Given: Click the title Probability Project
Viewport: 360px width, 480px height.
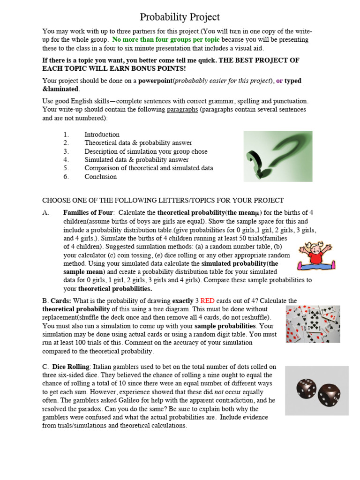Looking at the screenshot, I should (x=180, y=17).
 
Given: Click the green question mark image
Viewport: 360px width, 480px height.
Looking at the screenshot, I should (x=277, y=156).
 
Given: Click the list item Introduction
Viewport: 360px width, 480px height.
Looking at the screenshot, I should (x=102, y=135).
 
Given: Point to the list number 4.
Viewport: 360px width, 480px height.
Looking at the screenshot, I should (x=66, y=160).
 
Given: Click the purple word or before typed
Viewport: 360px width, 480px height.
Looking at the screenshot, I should (x=279, y=81).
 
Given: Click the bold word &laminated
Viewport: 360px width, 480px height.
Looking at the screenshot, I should (x=60, y=89).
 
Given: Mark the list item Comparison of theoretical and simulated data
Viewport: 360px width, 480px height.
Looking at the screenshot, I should (x=149, y=168).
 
